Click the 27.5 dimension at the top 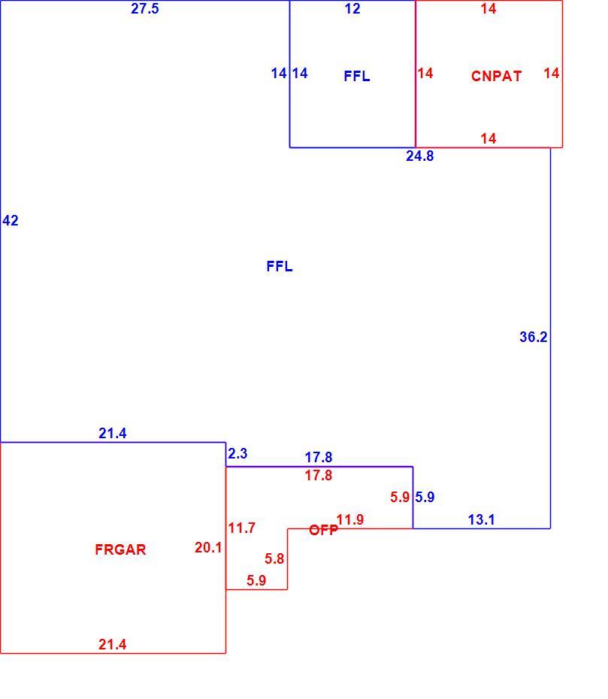pos(145,8)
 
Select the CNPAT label pos(496,76)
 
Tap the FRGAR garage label pos(120,549)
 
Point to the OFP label pos(324,530)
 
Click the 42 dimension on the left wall pos(11,220)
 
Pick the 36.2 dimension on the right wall pos(533,337)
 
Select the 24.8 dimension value pos(419,156)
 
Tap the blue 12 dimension pos(352,8)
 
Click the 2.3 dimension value pos(237,453)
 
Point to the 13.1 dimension pos(482,519)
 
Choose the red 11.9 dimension pos(350,519)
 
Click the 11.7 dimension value pos(241,528)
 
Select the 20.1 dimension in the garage pos(208,547)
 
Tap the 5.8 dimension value pos(274,558)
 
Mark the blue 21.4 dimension pos(112,433)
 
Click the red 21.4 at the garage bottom pos(112,644)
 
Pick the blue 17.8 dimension pos(318,457)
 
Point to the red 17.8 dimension pos(318,475)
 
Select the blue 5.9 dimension pos(425,497)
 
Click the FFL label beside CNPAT pos(356,76)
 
